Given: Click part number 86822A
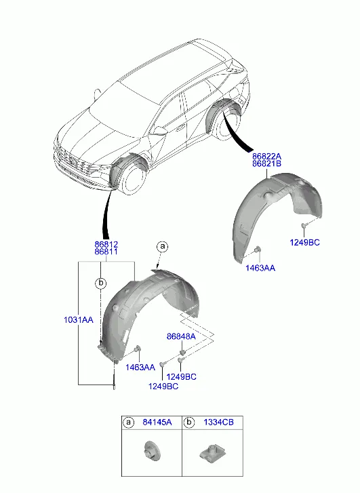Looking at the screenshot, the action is pos(266,156).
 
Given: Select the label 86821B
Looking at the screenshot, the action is pos(266,164).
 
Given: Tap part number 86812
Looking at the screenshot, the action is pos(106,244).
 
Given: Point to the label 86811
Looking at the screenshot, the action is pos(106,252).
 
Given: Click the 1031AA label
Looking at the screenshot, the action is pos(79,320).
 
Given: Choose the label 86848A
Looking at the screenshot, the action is pos(181,337).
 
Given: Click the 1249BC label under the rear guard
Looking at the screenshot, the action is pos(304,243).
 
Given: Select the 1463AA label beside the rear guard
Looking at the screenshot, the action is pos(260,268).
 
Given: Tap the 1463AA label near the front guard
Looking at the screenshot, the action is pos(140,368).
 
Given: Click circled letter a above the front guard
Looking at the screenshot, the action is pos(162,247).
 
